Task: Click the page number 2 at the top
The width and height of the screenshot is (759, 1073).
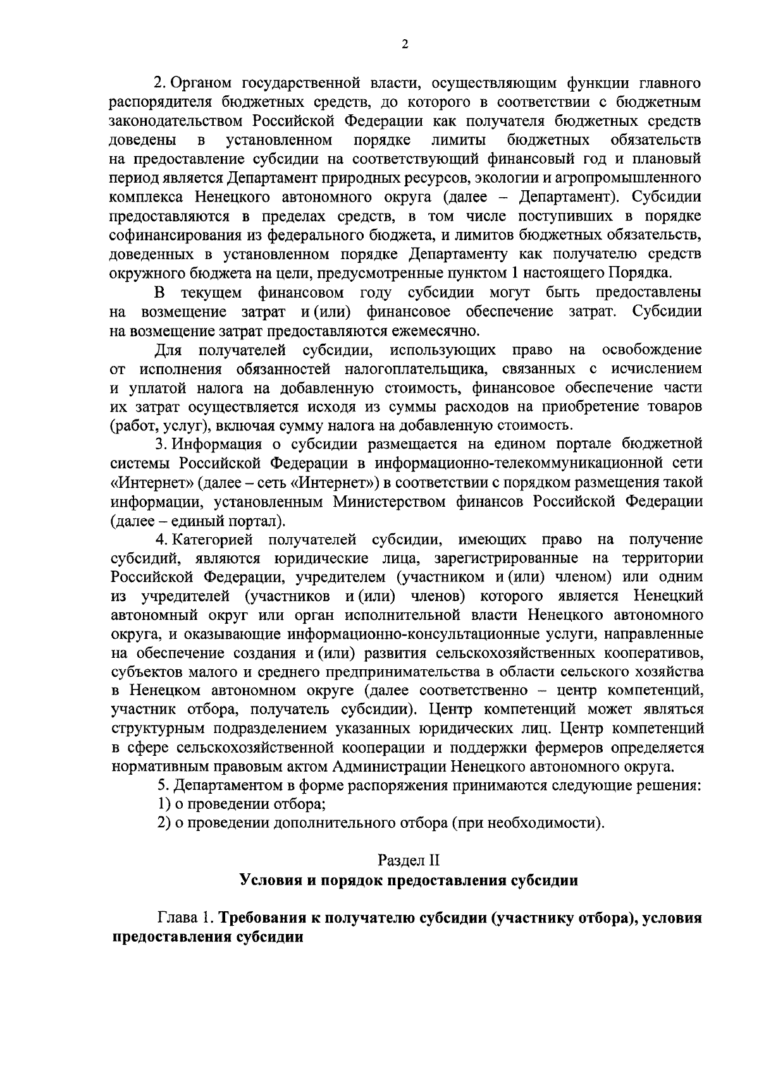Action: coord(405,44)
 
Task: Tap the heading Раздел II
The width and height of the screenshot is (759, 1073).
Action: coord(408,860)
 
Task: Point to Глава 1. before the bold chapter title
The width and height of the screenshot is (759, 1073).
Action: coord(184,918)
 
